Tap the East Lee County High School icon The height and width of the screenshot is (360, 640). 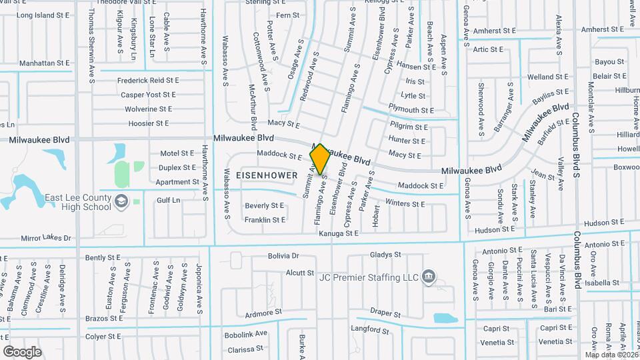click(x=121, y=201)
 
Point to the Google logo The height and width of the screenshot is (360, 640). click(x=22, y=351)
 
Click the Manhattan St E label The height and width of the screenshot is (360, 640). click(x=45, y=63)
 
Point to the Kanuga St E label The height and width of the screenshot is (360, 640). click(x=338, y=233)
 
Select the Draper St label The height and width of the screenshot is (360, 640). click(x=385, y=313)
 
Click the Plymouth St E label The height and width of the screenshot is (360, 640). click(x=411, y=110)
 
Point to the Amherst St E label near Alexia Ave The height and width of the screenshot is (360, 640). click(x=604, y=29)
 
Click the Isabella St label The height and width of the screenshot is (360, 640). click(x=603, y=283)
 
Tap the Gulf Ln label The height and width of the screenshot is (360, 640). click(x=168, y=200)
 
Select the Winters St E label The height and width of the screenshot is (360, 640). click(x=405, y=203)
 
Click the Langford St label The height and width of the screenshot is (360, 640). click(x=365, y=329)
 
